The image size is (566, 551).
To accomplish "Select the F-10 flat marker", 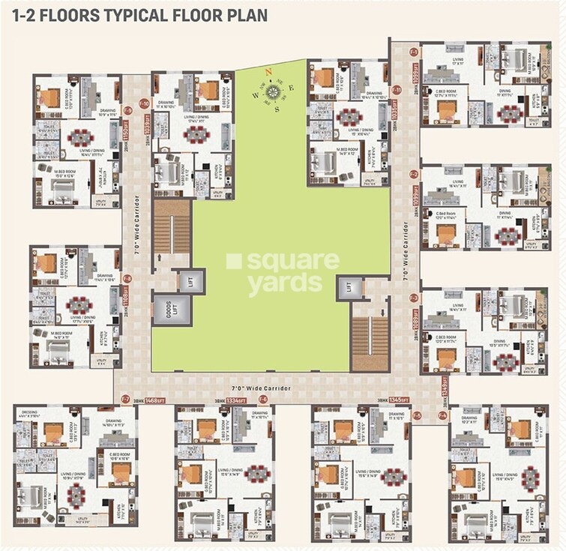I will pyautogui.click(x=144, y=103).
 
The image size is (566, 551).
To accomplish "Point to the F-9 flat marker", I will pyautogui.click(x=127, y=111).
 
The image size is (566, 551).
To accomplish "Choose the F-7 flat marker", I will pyautogui.click(x=125, y=398).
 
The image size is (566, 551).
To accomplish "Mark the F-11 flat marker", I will pyautogui.click(x=397, y=90).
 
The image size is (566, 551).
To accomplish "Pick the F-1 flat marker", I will pyautogui.click(x=414, y=51).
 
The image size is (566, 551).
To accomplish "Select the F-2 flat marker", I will pyautogui.click(x=414, y=174).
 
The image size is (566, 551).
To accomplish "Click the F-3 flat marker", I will pyautogui.click(x=414, y=298).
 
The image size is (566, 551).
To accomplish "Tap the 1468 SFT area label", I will pyautogui.click(x=154, y=401).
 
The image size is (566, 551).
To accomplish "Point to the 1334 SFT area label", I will pyautogui.click(x=238, y=401).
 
